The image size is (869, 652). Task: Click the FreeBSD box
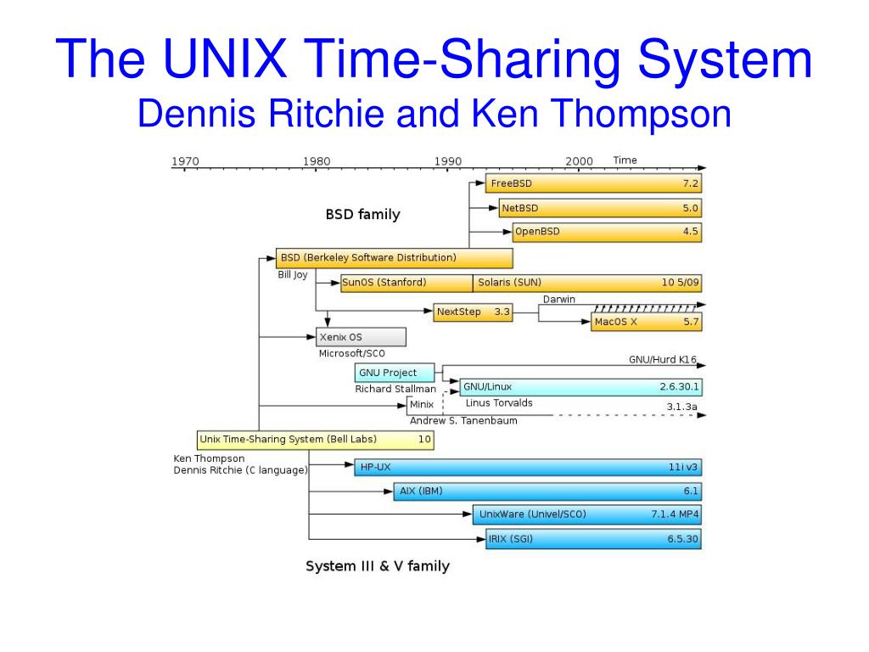coord(594,183)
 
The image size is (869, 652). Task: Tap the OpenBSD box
coord(607,232)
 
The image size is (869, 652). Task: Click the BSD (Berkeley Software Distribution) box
coord(395,257)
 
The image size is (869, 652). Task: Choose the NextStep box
coord(474,312)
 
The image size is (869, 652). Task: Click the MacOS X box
coord(647,323)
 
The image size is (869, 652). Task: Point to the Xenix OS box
coord(361,337)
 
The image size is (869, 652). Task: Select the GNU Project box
coord(395,373)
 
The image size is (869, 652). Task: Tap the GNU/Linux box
coord(581,387)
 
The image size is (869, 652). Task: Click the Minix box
coord(421,404)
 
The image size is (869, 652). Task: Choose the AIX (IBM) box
coord(548,491)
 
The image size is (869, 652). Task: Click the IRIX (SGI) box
coord(594,538)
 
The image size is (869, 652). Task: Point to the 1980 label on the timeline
coord(317,161)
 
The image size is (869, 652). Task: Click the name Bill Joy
coord(293,275)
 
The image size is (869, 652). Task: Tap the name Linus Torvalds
coord(499,402)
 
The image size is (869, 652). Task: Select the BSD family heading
coord(362,215)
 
